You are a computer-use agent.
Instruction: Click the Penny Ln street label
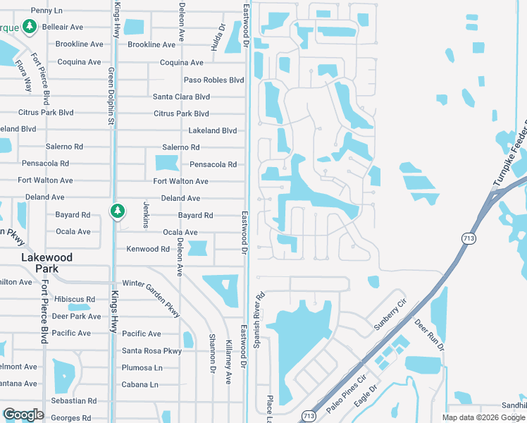[47, 11]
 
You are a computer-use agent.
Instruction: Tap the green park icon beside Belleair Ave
[29, 27]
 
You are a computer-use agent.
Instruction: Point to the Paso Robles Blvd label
[214, 80]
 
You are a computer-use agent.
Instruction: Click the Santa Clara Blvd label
[182, 97]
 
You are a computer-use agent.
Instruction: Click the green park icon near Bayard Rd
[118, 210]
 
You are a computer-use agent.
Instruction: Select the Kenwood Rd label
[148, 249]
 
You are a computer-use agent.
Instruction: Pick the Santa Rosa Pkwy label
[151, 351]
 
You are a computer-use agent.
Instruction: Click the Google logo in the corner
[23, 415]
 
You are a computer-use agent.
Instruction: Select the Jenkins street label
[146, 214]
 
